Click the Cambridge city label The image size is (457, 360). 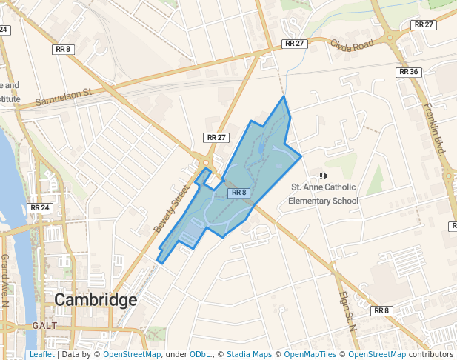pos(96,300)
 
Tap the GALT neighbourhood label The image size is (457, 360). pos(44,326)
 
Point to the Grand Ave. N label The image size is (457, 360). pos(5,280)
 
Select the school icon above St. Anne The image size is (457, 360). pos(322,176)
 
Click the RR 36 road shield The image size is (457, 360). pos(408,72)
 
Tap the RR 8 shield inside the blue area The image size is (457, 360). pos(239,193)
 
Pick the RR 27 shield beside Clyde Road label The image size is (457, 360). pos(295,44)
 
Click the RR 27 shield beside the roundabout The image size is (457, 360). pos(217,138)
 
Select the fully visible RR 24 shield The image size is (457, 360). pos(40,208)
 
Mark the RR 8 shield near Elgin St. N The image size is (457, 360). pos(381,310)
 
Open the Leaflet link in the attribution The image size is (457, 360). pos(41,354)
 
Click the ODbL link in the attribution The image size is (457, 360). pos(201,354)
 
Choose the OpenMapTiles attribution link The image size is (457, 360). pos(310,354)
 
